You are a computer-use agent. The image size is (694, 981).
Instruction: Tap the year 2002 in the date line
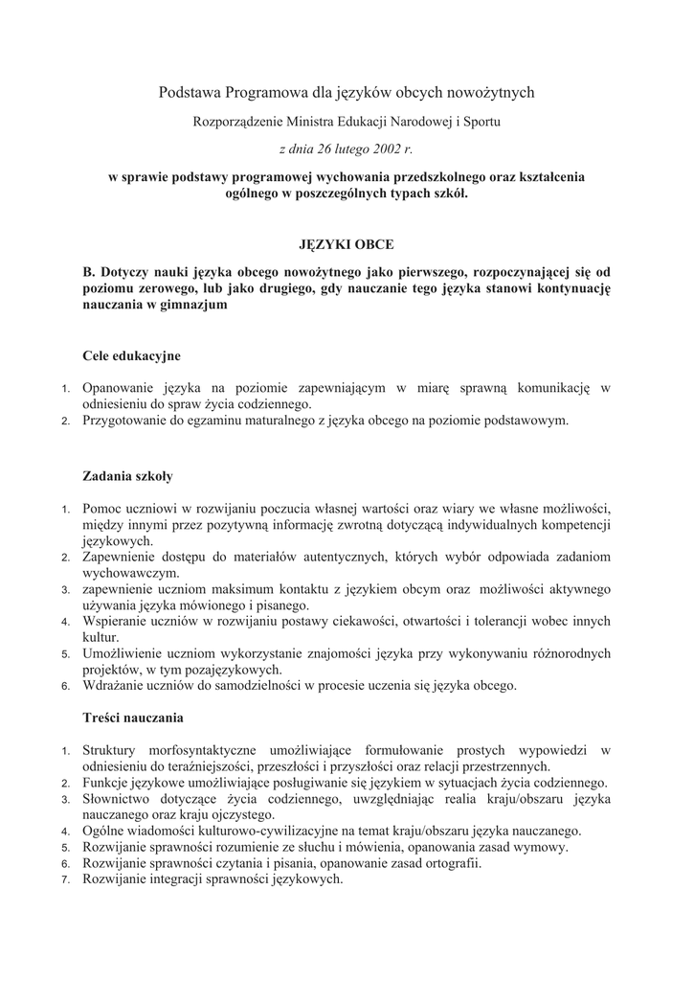tap(385, 149)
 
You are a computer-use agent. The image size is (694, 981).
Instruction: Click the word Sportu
tap(480, 122)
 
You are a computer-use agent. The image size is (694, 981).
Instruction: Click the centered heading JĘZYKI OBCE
tap(347, 245)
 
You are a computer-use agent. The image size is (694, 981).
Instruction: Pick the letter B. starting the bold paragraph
tap(89, 272)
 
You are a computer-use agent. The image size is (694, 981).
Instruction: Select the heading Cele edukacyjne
tap(131, 355)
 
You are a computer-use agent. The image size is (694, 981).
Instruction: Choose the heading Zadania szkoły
tap(128, 475)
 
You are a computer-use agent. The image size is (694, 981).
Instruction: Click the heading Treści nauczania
tap(133, 718)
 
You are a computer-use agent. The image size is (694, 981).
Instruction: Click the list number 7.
tap(65, 880)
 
